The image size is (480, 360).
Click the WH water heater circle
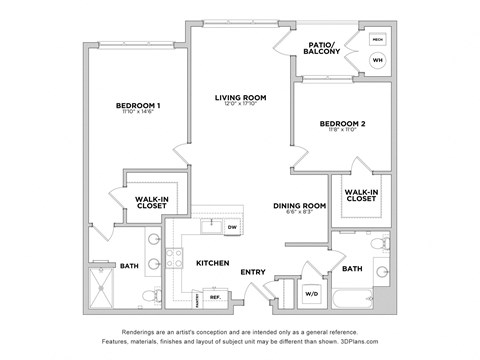pos(377,60)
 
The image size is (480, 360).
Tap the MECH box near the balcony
pos(377,40)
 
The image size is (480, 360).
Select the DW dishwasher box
pos(231,228)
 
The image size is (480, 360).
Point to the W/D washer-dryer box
pos(311,294)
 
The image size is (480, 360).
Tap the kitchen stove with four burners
pos(175,259)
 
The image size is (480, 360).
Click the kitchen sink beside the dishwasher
pos(208,226)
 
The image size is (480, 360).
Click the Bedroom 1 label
pos(138,105)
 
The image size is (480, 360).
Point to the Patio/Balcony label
pos(325,47)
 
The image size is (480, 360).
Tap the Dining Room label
pos(300,207)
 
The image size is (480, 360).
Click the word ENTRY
pos(252,271)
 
